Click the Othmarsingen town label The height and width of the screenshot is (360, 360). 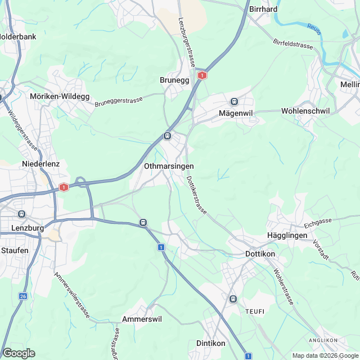[x=169, y=166]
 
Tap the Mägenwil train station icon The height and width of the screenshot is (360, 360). [x=234, y=102]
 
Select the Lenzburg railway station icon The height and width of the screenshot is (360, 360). [x=22, y=214]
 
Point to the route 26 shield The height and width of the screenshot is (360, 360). [x=22, y=296]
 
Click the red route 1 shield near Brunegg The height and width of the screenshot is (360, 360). [x=202, y=75]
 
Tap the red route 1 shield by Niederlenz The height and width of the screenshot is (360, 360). [x=64, y=187]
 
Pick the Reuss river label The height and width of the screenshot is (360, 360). [x=314, y=29]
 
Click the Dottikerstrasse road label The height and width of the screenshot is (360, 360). [x=196, y=196]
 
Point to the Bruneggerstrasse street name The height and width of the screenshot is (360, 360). [x=119, y=101]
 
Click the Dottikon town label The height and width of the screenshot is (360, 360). [x=260, y=254]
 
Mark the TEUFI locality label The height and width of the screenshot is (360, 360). [x=254, y=311]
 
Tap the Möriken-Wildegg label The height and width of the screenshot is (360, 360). [x=60, y=96]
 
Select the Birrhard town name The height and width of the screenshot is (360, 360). [x=263, y=9]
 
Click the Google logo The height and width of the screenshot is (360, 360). [x=19, y=353]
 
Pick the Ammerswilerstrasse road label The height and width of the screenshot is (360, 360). [x=72, y=296]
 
